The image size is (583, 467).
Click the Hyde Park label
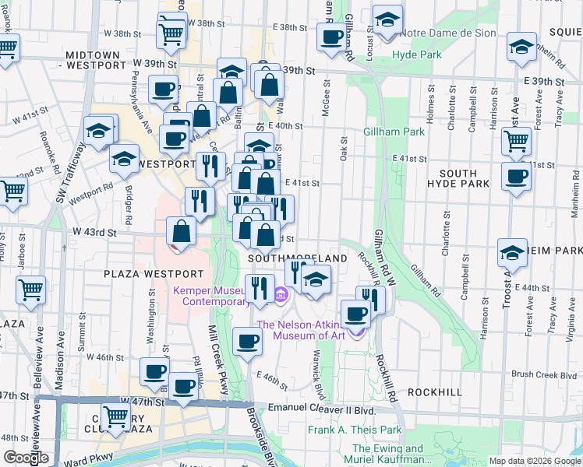tap(416, 54)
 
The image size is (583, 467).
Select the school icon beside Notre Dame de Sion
tap(387, 21)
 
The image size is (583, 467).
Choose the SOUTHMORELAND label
tap(297, 258)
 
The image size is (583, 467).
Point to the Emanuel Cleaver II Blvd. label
tap(321, 408)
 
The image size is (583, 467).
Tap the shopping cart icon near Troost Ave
tap(516, 142)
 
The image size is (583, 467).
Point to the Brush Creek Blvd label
tap(544, 374)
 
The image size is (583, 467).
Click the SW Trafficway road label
tap(69, 172)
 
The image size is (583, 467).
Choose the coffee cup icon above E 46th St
tap(248, 341)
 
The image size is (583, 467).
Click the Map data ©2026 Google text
tap(535, 461)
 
